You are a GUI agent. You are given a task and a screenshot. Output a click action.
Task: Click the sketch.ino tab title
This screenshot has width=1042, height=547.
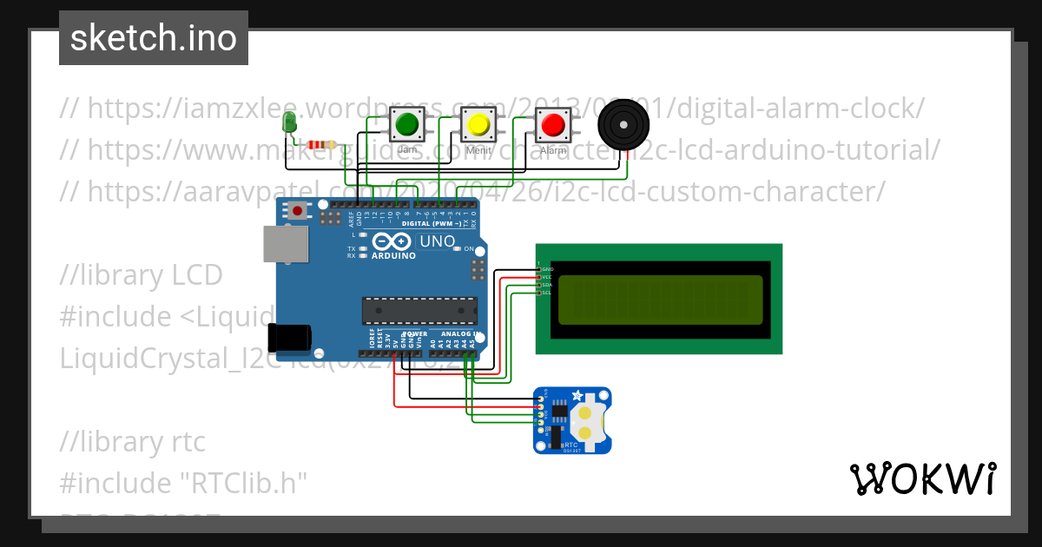pos(154,38)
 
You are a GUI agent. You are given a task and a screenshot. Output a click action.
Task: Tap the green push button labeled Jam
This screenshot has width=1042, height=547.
pos(406,125)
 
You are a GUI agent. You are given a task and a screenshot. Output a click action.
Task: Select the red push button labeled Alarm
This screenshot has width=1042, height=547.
pos(552,125)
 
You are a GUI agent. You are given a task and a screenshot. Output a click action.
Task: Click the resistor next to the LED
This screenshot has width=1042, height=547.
pos(323,145)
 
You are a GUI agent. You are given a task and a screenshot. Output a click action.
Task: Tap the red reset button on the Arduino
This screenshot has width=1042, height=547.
pos(299,210)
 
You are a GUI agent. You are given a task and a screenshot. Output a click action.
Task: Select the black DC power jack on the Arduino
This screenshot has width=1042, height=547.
pos(290,338)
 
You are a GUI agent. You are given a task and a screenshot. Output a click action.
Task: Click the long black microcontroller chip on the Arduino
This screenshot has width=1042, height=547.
pos(419,310)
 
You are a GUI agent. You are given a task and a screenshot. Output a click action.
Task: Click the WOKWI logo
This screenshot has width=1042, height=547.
pos(922,478)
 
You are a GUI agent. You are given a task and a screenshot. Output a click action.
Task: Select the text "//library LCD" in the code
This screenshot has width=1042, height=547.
pos(142,275)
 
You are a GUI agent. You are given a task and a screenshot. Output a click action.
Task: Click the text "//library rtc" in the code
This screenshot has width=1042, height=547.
pos(133,442)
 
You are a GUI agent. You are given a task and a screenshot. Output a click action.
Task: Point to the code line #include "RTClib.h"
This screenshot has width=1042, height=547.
pos(183,483)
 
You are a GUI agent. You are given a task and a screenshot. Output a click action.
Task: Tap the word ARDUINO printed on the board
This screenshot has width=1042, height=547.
pos(394,256)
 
